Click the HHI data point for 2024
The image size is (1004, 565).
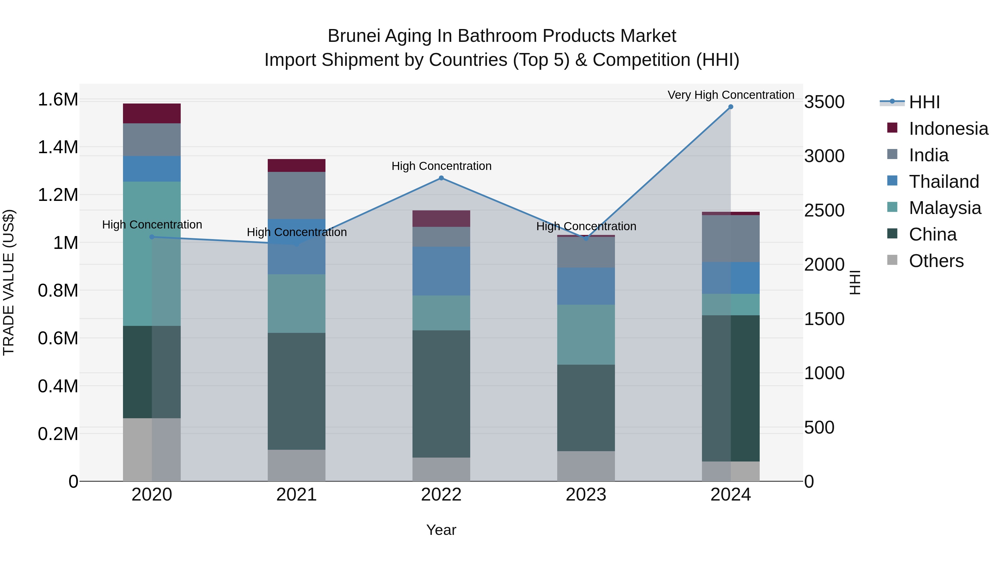click(730, 107)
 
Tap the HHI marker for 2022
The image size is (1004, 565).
click(441, 178)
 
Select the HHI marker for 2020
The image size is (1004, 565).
click(152, 237)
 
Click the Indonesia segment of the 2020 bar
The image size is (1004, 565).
click(152, 114)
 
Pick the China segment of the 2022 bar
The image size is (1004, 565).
click(441, 394)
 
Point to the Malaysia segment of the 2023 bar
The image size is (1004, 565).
click(586, 335)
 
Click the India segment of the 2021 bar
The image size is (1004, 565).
click(297, 195)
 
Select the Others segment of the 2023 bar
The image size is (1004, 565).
click(586, 466)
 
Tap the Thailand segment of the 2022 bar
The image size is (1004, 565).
click(441, 271)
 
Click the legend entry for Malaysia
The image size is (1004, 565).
click(945, 208)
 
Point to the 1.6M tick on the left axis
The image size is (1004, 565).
click(58, 99)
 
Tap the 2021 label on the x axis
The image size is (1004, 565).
click(297, 495)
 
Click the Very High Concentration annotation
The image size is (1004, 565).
click(731, 95)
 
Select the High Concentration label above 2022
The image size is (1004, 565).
click(441, 166)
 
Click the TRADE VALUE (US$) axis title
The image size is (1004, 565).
click(9, 282)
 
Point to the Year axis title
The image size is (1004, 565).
click(441, 530)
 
